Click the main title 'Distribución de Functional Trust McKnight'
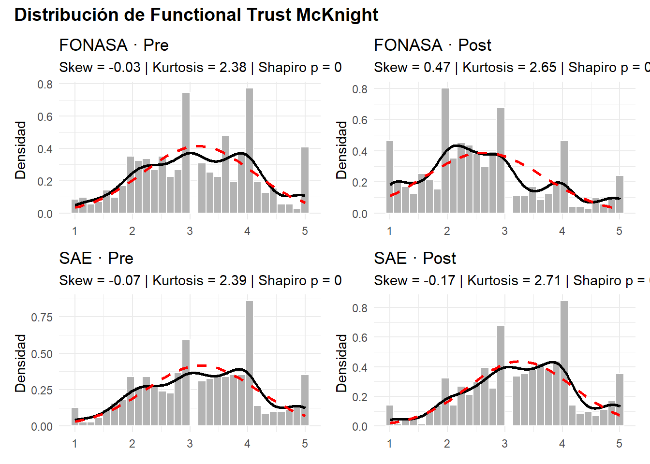196,15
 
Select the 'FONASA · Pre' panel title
114,45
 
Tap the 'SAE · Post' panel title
414,259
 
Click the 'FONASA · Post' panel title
432,45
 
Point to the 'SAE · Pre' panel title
96,259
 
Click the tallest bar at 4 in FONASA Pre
250,150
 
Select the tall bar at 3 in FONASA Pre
186,152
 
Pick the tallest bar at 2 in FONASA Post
445,150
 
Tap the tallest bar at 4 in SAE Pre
250,362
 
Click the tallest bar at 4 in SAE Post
564,362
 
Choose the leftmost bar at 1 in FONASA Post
390,177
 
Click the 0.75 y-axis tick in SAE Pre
42,318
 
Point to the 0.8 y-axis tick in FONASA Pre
45,85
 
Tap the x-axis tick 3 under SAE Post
504,444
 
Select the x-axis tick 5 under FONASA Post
619,231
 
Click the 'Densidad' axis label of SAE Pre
20,363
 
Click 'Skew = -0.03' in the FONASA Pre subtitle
100,68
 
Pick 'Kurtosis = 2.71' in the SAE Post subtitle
514,281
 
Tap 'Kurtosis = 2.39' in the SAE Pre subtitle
199,281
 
